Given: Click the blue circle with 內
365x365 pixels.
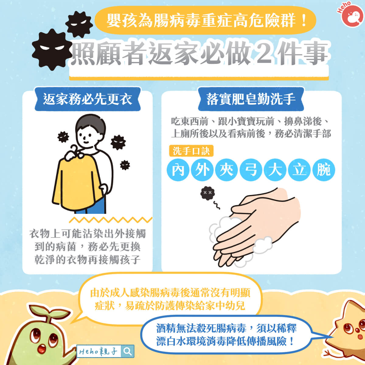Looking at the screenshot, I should [x=178, y=170].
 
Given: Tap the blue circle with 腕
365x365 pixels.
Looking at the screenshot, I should [x=324, y=170].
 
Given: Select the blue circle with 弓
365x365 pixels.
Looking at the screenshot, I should [x=251, y=170].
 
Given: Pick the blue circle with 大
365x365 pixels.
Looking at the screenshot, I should [x=275, y=170].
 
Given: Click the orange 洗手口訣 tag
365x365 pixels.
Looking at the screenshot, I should [x=191, y=151].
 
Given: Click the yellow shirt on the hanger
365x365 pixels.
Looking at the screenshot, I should [x=76, y=182].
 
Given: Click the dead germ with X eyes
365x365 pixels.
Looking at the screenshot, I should [x=208, y=193].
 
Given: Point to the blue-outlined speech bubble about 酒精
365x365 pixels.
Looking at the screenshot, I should [x=227, y=335].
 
